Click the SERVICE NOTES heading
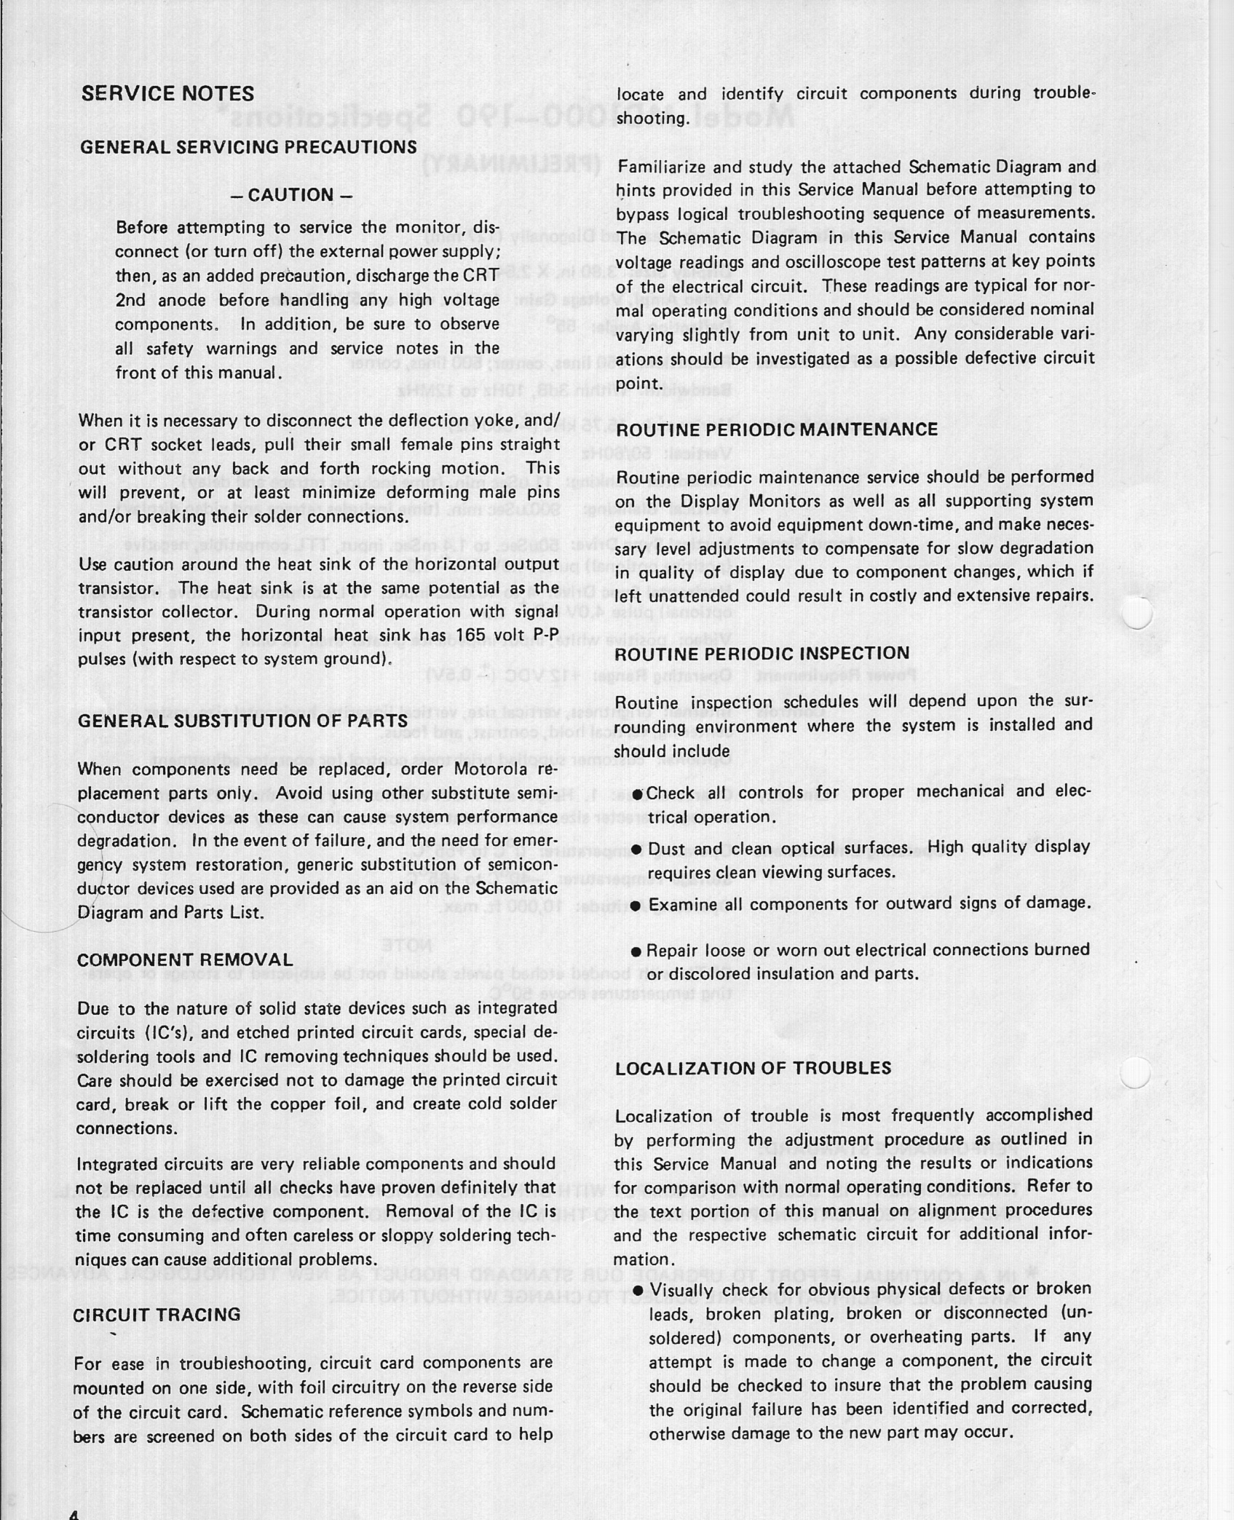tap(167, 94)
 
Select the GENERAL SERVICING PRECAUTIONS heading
tap(248, 147)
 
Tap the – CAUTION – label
tap(291, 195)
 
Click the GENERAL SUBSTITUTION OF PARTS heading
tap(242, 721)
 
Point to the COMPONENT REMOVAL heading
tap(185, 960)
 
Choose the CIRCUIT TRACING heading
tap(157, 1315)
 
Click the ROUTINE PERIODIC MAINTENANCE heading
tap(777, 430)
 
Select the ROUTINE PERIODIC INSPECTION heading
tap(762, 653)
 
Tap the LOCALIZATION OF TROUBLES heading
tap(754, 1068)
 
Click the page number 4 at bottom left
tap(73, 1513)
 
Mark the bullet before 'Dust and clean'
tap(636, 850)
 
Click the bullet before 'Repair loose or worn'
tap(636, 952)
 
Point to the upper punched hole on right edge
tap(1137, 613)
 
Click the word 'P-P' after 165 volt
tap(545, 636)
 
